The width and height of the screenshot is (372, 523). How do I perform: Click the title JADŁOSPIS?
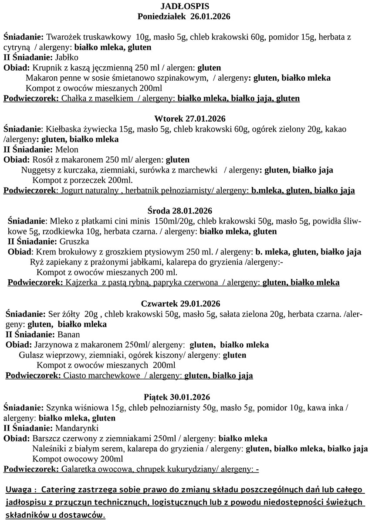click(x=185, y=6)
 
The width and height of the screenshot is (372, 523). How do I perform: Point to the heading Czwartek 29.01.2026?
click(x=181, y=303)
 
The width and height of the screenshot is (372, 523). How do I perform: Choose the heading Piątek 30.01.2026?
click(x=177, y=397)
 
